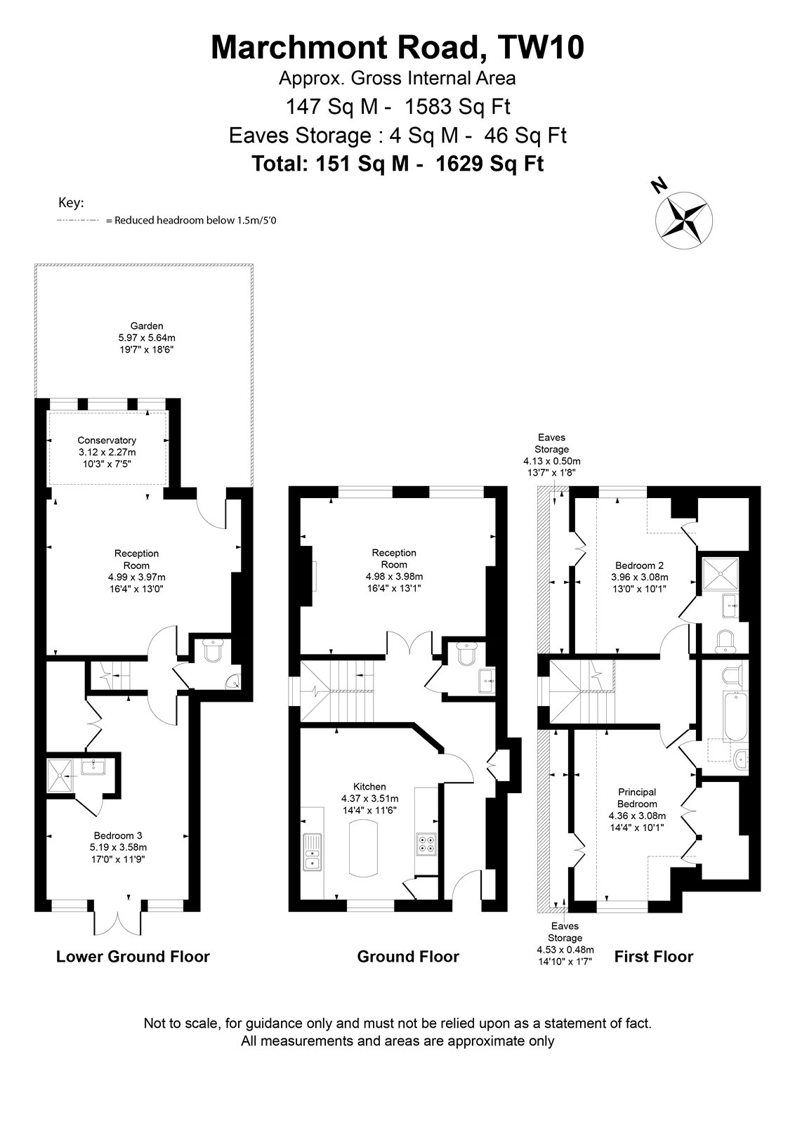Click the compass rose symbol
[x=683, y=221]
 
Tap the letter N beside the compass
[x=659, y=185]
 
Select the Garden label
[x=147, y=326]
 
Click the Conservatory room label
[x=107, y=440]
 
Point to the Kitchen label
[x=369, y=786]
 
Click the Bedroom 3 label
[x=118, y=835]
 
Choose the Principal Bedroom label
[x=637, y=798]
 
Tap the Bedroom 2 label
[x=640, y=565]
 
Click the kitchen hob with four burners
[x=426, y=843]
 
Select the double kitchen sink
[x=312, y=851]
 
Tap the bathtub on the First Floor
[x=736, y=717]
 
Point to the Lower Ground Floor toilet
[x=213, y=651]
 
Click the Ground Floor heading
[x=408, y=956]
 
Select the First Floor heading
[x=654, y=956]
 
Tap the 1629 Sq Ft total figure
[x=490, y=164]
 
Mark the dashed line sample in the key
[x=78, y=221]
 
